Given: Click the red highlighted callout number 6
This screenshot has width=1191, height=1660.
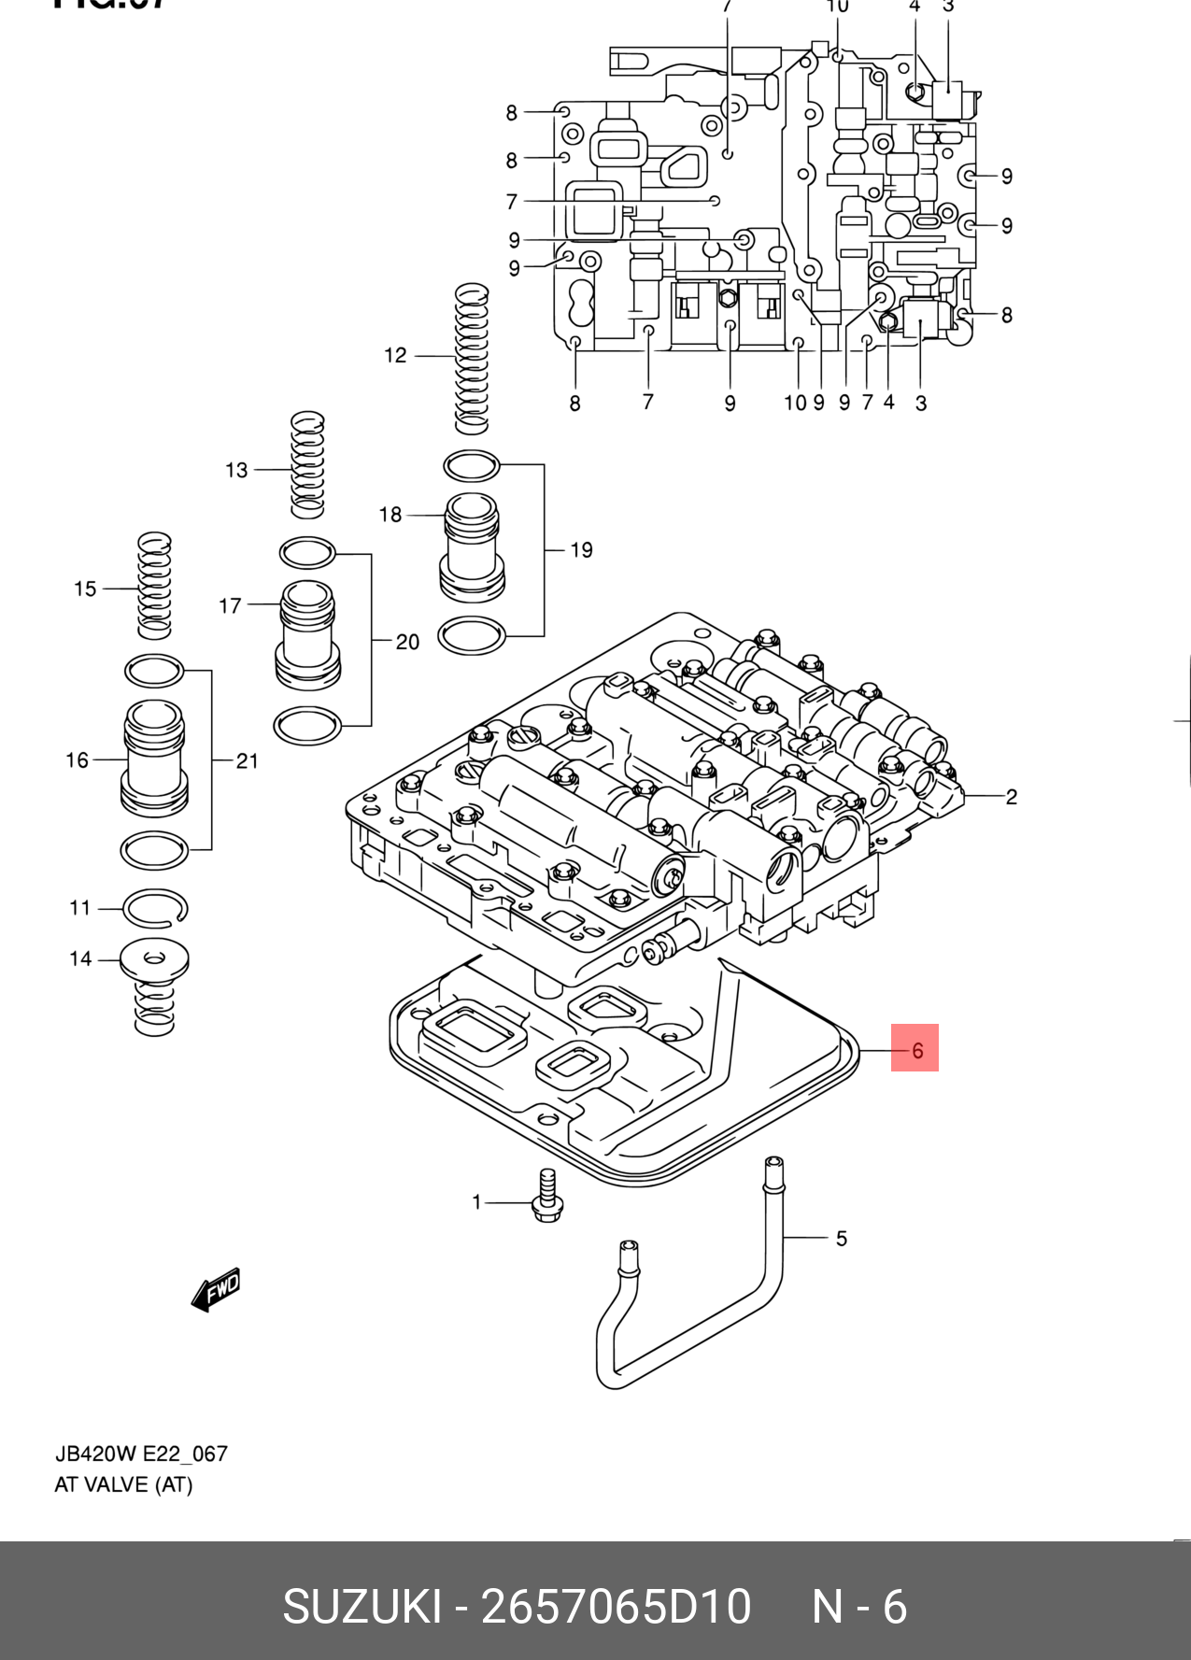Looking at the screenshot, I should click(x=915, y=1048).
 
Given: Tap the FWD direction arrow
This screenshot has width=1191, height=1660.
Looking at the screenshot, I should click(x=216, y=1290).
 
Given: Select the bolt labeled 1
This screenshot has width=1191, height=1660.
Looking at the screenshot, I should click(x=546, y=1198).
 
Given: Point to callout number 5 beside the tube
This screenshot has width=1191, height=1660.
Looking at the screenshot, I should click(x=841, y=1239).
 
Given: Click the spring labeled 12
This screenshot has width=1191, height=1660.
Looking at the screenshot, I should click(x=472, y=359).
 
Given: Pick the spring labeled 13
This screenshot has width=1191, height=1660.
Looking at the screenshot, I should click(x=307, y=464).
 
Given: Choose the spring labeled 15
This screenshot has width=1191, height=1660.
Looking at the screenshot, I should click(x=154, y=586).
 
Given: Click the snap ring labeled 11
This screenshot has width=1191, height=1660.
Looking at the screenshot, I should click(x=156, y=908).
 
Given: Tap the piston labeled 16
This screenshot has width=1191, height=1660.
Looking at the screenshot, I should click(x=154, y=759).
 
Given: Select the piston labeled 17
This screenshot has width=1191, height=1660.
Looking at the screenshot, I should click(x=307, y=635).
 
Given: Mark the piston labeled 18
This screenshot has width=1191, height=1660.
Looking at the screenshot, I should click(x=472, y=547).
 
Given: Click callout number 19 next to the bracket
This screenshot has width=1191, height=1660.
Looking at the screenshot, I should click(x=581, y=550).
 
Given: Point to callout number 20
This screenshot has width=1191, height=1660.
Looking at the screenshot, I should click(x=407, y=642).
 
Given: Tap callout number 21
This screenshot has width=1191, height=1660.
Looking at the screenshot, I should click(x=247, y=760).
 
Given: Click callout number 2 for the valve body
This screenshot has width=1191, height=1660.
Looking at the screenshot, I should click(x=1011, y=797).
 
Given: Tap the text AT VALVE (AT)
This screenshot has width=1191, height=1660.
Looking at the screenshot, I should click(x=123, y=1484).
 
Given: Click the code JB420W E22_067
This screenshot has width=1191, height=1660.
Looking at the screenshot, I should click(x=141, y=1454).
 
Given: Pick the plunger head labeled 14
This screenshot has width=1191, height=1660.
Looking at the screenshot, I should click(x=155, y=960).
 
